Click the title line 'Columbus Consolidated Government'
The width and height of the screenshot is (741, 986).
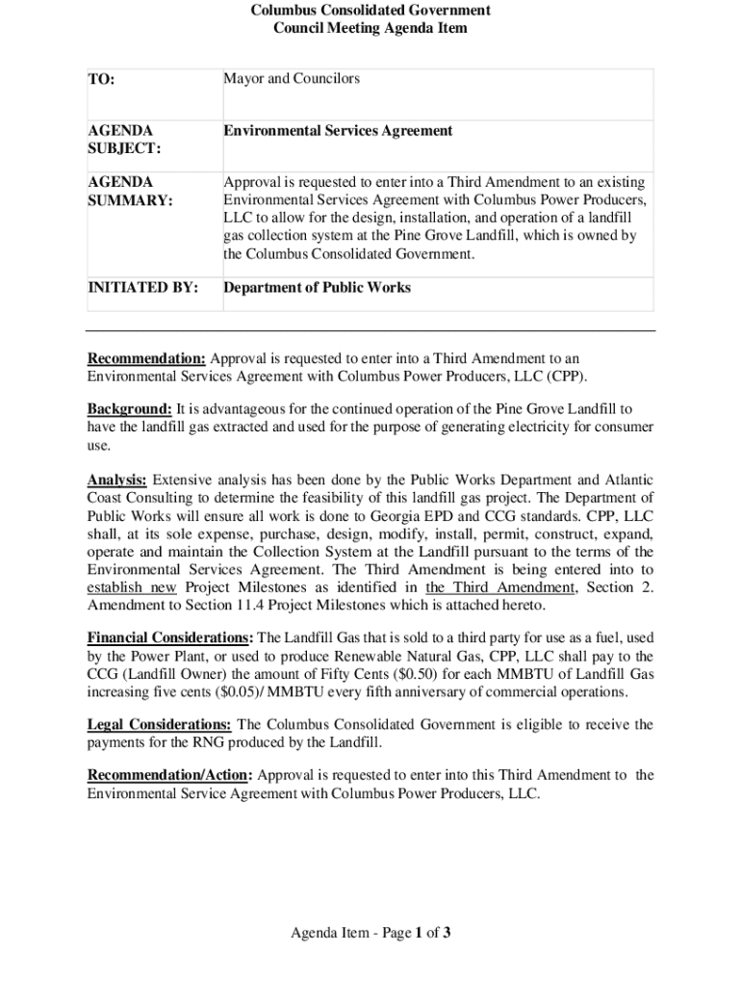click(370, 10)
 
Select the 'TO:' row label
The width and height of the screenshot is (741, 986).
click(101, 80)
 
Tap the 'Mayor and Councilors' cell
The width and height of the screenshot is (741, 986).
click(292, 78)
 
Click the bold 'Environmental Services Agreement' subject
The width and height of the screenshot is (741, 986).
click(338, 131)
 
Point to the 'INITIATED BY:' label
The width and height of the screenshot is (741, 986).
click(142, 288)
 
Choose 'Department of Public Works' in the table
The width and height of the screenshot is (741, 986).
click(317, 288)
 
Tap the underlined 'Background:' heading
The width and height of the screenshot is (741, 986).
click(130, 409)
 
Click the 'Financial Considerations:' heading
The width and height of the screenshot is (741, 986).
click(170, 637)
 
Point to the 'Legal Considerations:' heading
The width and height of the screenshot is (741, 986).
click(159, 724)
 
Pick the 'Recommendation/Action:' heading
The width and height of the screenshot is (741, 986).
click(170, 776)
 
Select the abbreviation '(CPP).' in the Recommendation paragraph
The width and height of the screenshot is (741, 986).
click(564, 376)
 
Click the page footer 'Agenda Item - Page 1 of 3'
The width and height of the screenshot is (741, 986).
click(370, 932)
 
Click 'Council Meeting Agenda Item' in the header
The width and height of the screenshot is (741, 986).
click(370, 28)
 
